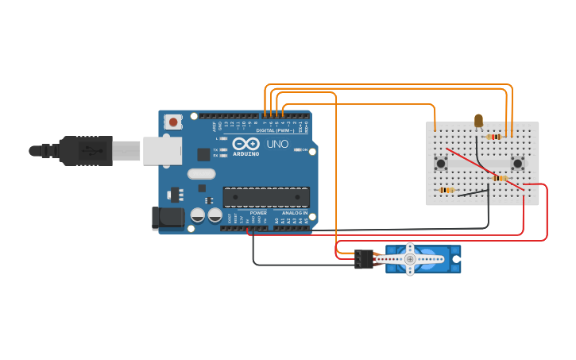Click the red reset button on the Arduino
[172, 122]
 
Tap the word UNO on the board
[277, 144]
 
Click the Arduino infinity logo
[245, 144]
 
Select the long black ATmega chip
[266, 197]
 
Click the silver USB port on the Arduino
[163, 150]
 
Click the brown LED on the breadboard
[478, 121]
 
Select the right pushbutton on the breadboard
[518, 164]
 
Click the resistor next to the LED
[493, 137]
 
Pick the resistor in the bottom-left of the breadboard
[446, 190]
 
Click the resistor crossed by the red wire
[499, 178]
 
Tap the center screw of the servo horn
[410, 258]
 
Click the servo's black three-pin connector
[364, 259]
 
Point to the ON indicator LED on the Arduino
[300, 149]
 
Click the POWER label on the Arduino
[258, 213]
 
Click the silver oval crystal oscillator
[201, 173]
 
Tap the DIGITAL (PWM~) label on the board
[275, 130]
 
